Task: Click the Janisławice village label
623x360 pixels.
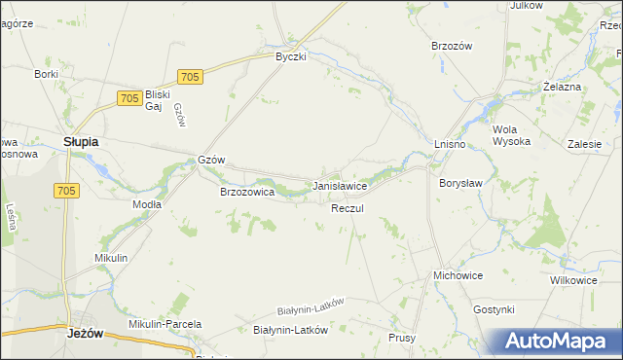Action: (339, 185)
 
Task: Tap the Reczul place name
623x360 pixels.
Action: (347, 209)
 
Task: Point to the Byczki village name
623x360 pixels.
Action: (290, 56)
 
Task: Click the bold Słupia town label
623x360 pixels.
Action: (81, 141)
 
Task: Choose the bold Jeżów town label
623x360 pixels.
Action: (87, 332)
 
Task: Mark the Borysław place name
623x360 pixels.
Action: (461, 182)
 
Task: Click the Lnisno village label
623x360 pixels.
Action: (450, 145)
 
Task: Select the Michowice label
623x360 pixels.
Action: (458, 275)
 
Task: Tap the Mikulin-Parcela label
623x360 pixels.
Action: (165, 324)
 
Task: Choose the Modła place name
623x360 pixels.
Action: (146, 204)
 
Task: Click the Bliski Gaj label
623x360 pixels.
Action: (158, 100)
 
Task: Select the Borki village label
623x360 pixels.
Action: (47, 74)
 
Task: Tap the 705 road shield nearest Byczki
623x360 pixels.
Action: (191, 77)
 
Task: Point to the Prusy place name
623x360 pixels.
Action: (402, 338)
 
